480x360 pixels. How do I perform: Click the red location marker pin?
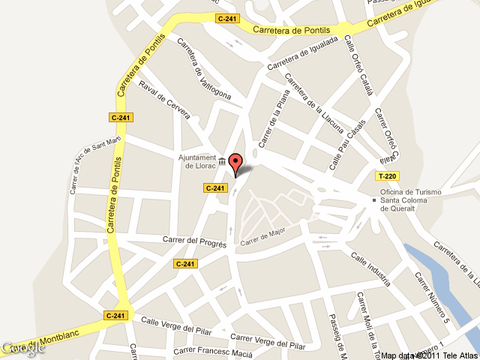click(235, 163)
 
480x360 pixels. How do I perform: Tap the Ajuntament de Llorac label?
click(196, 162)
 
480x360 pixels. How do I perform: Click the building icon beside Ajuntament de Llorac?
click(222, 160)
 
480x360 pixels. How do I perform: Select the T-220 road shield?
click(387, 176)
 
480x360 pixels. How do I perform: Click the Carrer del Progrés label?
click(195, 241)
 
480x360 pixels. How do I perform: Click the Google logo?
click(22, 348)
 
